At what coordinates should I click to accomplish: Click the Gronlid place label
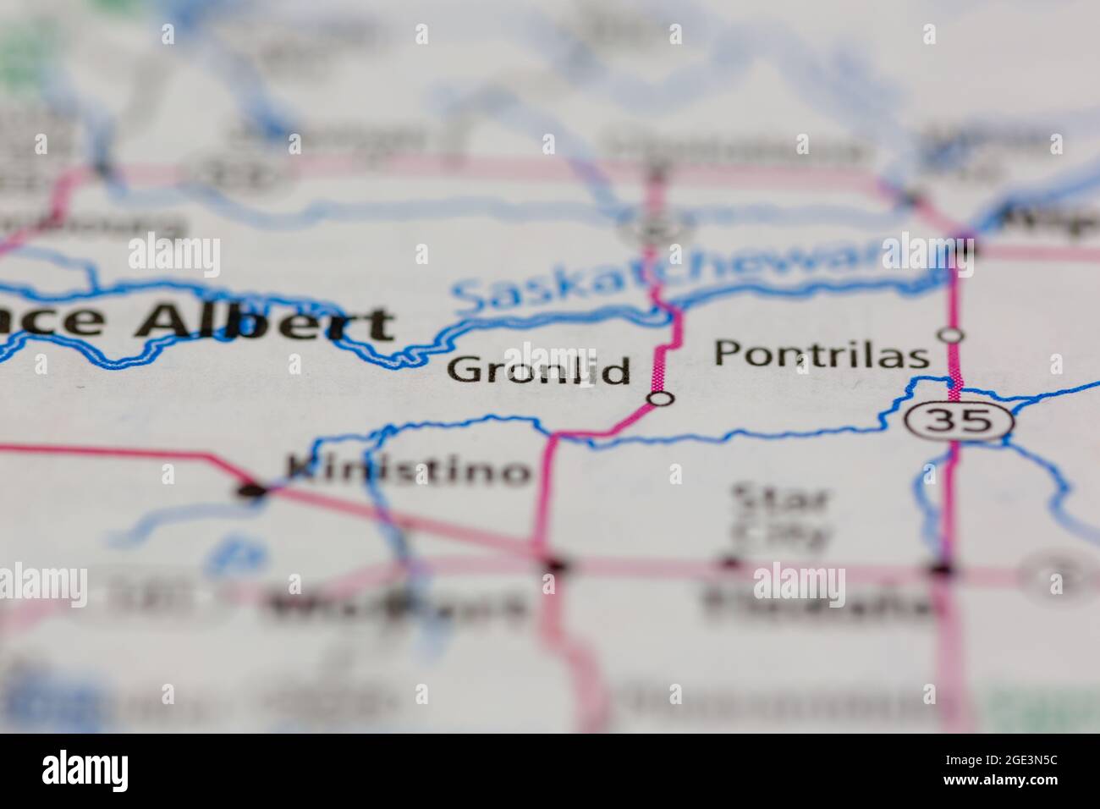pos(539,371)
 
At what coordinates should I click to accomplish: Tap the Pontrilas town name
pos(820,354)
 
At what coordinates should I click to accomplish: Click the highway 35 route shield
pos(957,420)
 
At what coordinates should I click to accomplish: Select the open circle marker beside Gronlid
pos(660,398)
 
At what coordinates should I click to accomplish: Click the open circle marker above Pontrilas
pos(953,335)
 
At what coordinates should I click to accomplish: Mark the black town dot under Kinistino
pos(251,490)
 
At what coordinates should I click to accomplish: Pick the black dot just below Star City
pos(729,562)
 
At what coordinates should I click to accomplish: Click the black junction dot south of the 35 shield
pos(943,569)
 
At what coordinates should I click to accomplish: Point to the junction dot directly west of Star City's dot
pos(554,563)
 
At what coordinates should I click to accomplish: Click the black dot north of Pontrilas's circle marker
pos(963,250)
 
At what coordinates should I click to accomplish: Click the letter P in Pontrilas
pos(725,353)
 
